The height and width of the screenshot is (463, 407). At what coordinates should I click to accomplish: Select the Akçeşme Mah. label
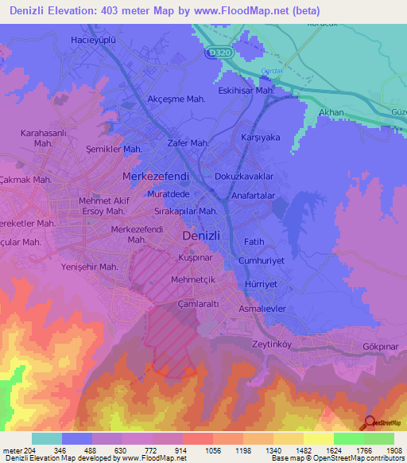coord(176,99)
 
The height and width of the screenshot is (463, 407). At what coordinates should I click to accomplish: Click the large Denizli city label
coord(206,236)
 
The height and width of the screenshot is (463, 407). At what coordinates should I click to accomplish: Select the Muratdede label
coord(169,193)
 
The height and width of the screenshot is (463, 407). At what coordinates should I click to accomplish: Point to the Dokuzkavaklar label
coord(244,176)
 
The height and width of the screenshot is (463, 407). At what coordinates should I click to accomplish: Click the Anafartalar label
coord(253,195)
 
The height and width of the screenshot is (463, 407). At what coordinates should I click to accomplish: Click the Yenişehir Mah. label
coord(90,267)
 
